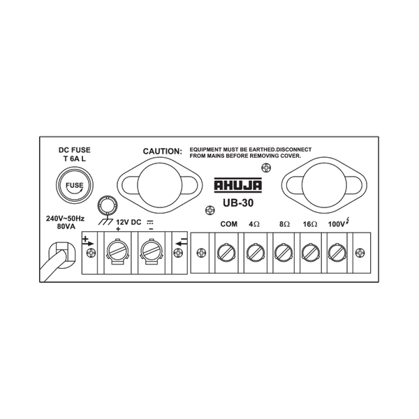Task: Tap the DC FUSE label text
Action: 73,150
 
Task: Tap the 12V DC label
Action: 128,222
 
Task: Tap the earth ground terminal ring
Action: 106,205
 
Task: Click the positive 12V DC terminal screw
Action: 117,249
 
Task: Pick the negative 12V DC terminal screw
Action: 150,249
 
